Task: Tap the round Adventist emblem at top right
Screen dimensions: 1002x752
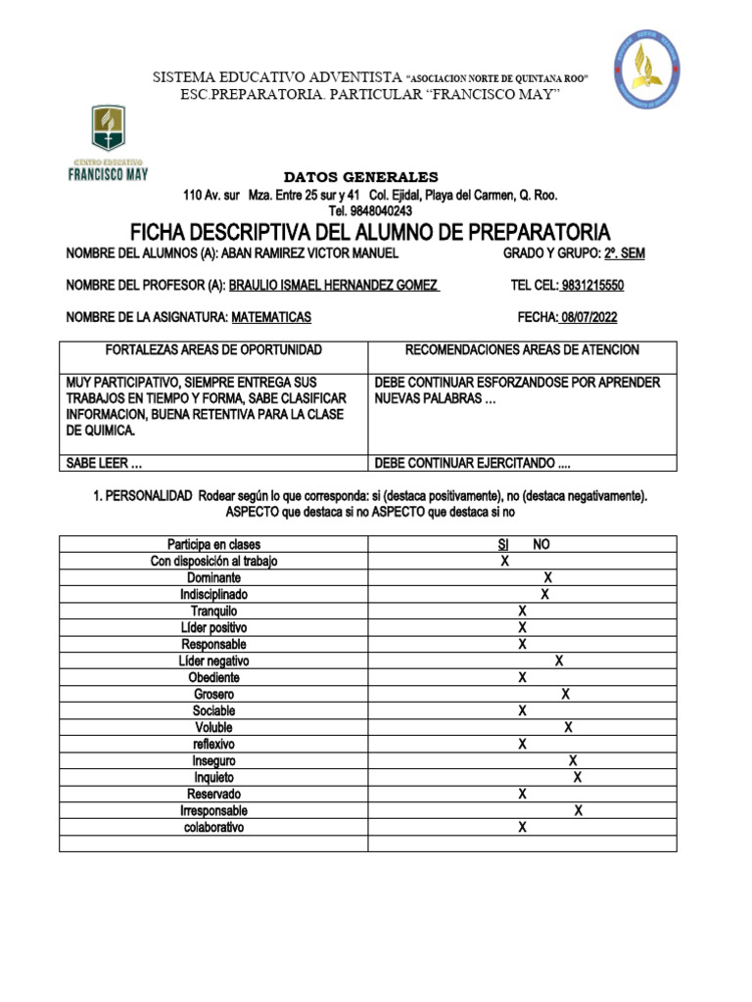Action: click(x=647, y=68)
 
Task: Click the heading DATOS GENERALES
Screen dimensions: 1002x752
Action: click(x=361, y=177)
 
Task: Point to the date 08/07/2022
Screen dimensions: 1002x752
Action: click(x=588, y=317)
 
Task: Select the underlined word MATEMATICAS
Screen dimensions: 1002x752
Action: click(x=271, y=317)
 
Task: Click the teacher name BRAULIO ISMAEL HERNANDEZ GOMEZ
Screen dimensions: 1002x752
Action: click(x=333, y=286)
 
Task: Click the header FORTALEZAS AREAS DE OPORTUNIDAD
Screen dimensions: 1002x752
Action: click(x=213, y=350)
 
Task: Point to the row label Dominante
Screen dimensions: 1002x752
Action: click(x=213, y=578)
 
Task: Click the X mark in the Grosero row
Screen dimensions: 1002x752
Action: click(x=565, y=695)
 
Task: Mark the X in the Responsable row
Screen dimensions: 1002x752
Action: click(x=523, y=645)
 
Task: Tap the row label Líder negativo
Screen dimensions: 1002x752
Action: click(x=213, y=661)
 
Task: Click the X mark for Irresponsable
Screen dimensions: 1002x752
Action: click(x=579, y=811)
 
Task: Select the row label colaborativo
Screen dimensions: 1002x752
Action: click(x=213, y=828)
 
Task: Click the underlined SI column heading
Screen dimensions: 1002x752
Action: click(x=503, y=545)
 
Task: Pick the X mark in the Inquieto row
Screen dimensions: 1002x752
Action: click(x=578, y=778)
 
